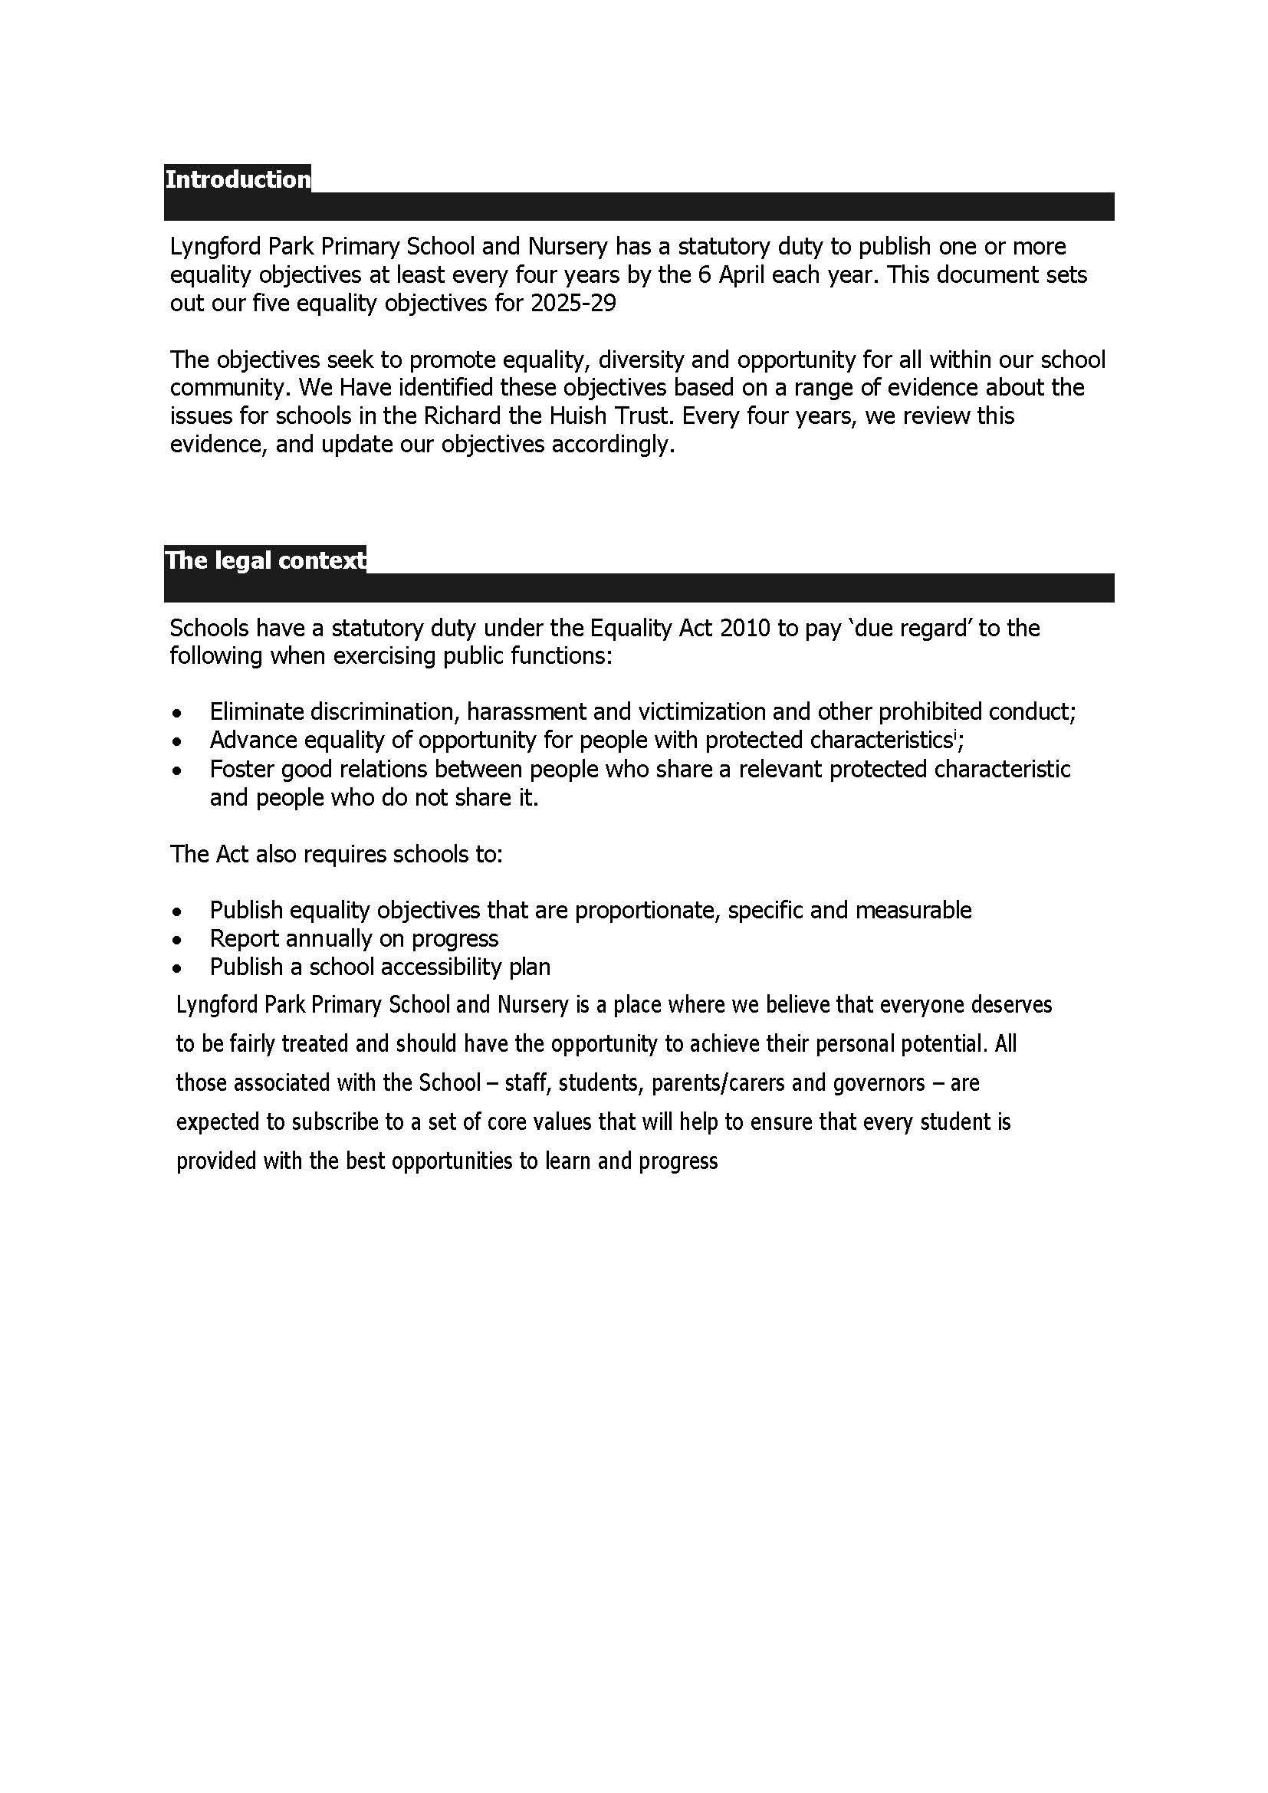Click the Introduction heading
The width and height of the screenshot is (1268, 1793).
click(238, 179)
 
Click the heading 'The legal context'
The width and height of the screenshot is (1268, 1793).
click(264, 560)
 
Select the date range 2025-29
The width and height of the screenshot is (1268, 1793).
click(573, 303)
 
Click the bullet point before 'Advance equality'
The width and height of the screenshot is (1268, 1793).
click(179, 741)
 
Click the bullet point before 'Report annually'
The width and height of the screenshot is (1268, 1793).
click(179, 940)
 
